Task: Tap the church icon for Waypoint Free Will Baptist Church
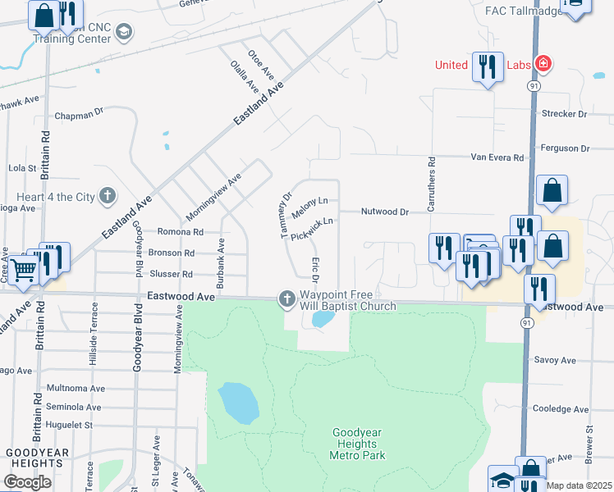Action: [x=286, y=298]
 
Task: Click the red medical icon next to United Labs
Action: [x=542, y=64]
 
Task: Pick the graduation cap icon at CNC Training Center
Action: [x=124, y=32]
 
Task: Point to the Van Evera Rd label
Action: [x=496, y=157]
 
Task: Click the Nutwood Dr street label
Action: [x=385, y=212]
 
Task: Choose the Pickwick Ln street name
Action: [x=312, y=229]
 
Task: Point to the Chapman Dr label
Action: [x=79, y=116]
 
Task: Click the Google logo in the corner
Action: [x=27, y=482]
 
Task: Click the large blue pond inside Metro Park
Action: [x=238, y=403]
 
